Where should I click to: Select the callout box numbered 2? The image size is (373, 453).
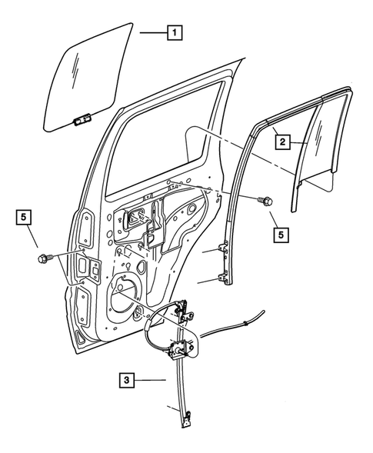[x=282, y=142]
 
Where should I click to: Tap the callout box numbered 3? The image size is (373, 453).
[x=127, y=379]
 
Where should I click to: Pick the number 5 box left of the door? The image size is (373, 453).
[x=25, y=218]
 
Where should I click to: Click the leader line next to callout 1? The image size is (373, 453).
[x=152, y=32]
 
